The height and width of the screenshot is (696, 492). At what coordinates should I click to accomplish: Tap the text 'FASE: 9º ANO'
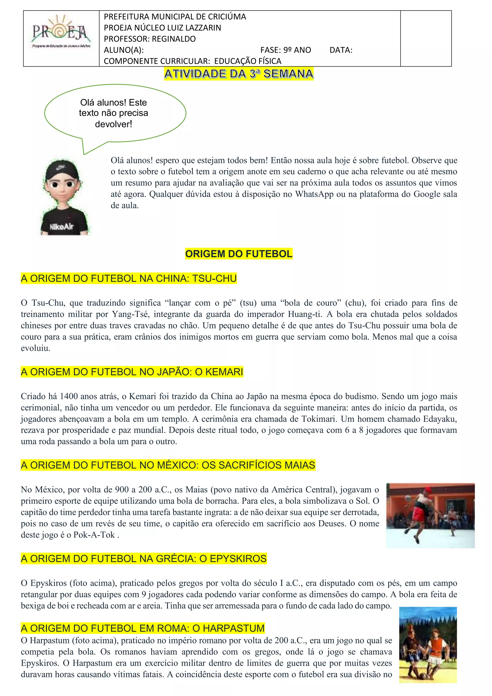click(286, 50)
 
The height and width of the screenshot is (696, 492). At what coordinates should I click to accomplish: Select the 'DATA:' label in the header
click(341, 50)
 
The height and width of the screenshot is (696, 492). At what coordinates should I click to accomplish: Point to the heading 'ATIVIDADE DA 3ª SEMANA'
click(239, 74)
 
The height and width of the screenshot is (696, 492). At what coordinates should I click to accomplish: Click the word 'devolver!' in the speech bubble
click(113, 124)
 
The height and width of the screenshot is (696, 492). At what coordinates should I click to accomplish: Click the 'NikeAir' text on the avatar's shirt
click(61, 227)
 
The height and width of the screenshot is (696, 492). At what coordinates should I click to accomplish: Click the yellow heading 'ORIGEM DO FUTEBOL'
click(239, 254)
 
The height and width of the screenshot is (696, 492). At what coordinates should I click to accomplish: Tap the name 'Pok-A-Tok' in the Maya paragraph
click(94, 535)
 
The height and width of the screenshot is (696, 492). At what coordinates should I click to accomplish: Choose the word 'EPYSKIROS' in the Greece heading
click(238, 558)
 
